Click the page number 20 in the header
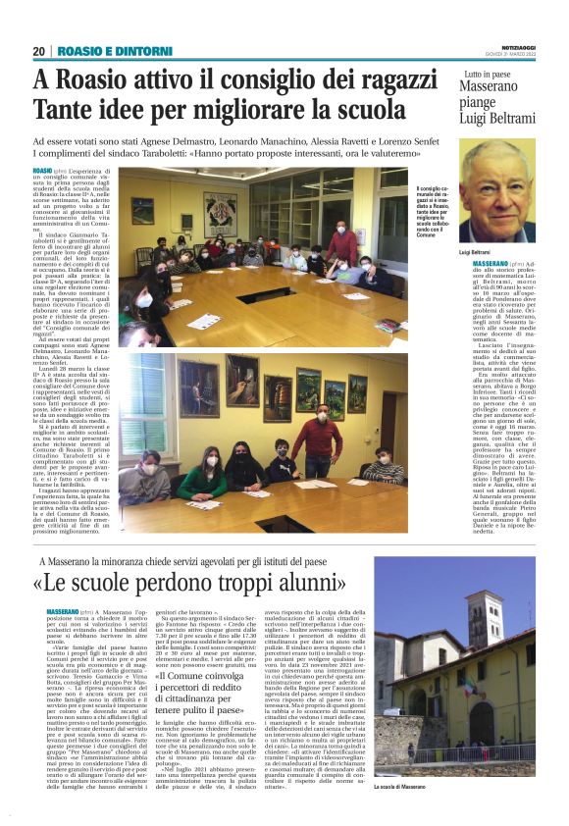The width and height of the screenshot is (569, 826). pyautogui.click(x=38, y=51)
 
